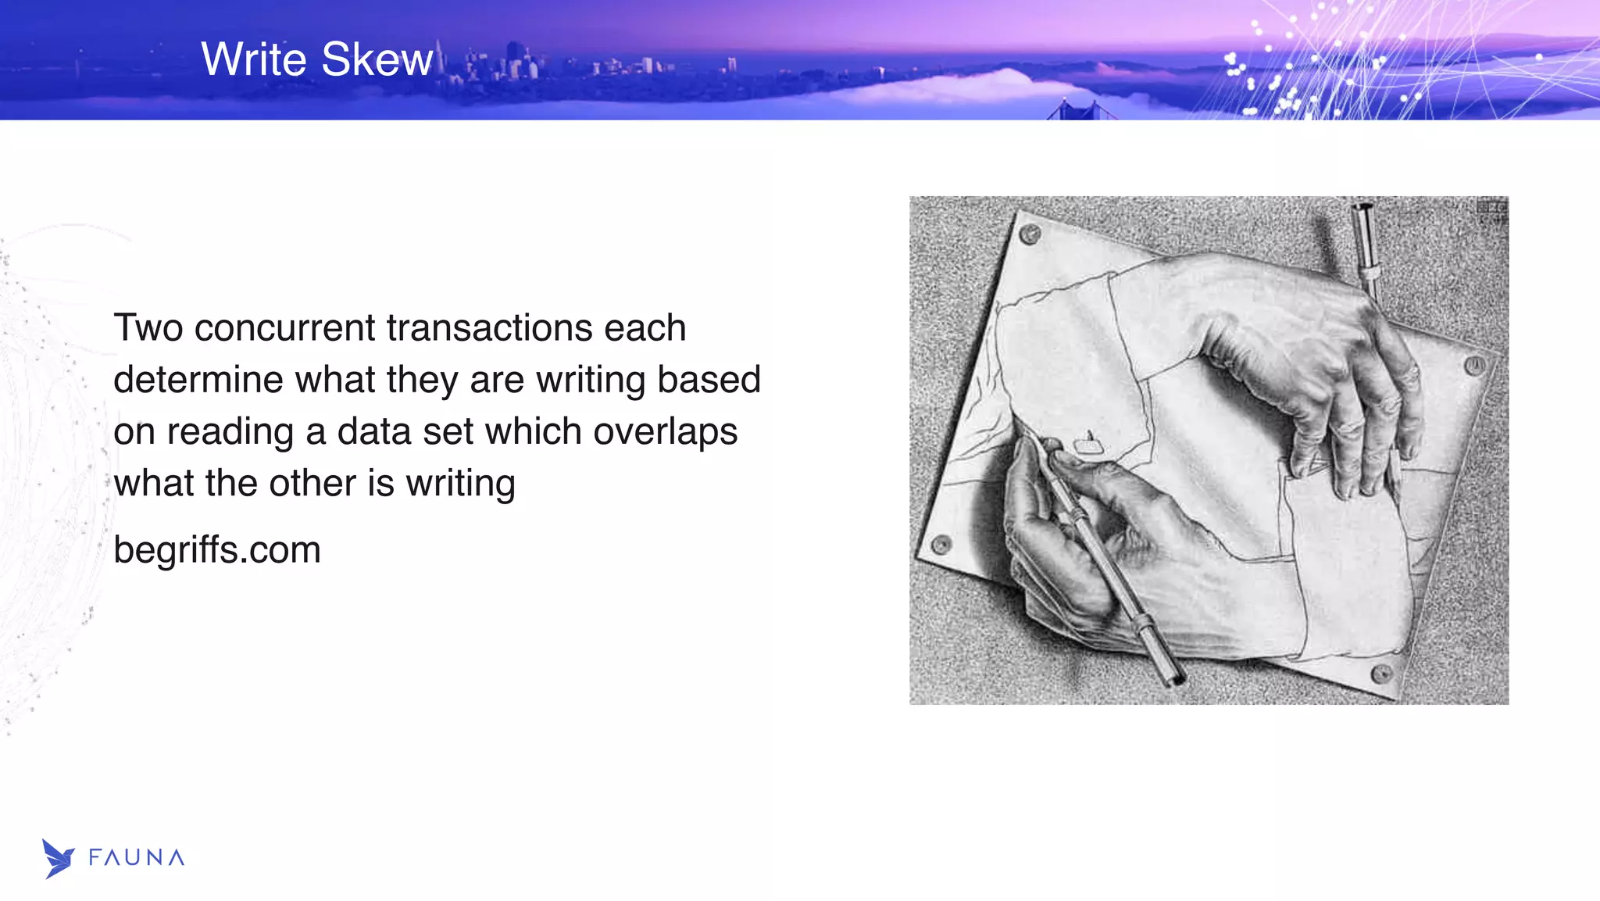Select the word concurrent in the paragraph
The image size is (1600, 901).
pyautogui.click(x=284, y=327)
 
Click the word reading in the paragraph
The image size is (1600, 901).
pyautogui.click(x=230, y=433)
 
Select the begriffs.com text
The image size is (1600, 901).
pyautogui.click(x=217, y=549)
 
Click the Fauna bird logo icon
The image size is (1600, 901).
pyautogui.click(x=58, y=858)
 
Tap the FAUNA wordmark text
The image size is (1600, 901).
pyautogui.click(x=137, y=858)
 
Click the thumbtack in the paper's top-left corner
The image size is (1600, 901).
pyautogui.click(x=1030, y=234)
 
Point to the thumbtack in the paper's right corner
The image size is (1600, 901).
pyautogui.click(x=1474, y=364)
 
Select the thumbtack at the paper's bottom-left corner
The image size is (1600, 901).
pyautogui.click(x=941, y=544)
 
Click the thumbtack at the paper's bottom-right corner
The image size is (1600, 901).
pyautogui.click(x=1381, y=673)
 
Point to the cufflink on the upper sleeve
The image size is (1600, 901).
pyautogui.click(x=1087, y=446)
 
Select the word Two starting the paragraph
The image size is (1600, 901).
pyautogui.click(x=148, y=327)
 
